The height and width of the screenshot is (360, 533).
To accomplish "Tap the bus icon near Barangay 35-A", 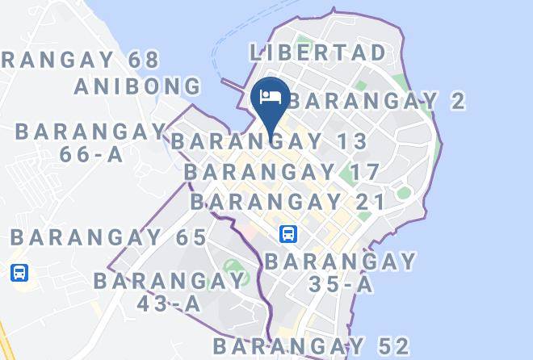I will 288,235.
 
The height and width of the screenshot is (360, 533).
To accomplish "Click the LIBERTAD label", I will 317,53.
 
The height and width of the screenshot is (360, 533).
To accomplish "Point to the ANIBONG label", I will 137,86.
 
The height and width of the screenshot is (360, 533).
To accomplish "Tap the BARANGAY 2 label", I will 376,101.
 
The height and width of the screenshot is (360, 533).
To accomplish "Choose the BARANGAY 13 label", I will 270,142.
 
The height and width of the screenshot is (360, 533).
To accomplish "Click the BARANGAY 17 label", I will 282,171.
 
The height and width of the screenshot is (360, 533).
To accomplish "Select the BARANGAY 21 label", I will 287,201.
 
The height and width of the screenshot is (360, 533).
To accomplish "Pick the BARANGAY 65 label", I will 109,237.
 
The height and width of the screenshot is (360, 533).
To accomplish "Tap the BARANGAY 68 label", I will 81,60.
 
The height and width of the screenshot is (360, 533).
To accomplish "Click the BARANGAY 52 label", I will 312,346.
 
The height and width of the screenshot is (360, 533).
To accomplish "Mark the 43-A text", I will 170,303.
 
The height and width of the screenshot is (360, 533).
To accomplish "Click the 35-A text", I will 341,284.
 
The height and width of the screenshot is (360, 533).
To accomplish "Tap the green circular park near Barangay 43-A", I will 233,267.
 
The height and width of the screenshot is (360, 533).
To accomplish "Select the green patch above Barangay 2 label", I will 361,84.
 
